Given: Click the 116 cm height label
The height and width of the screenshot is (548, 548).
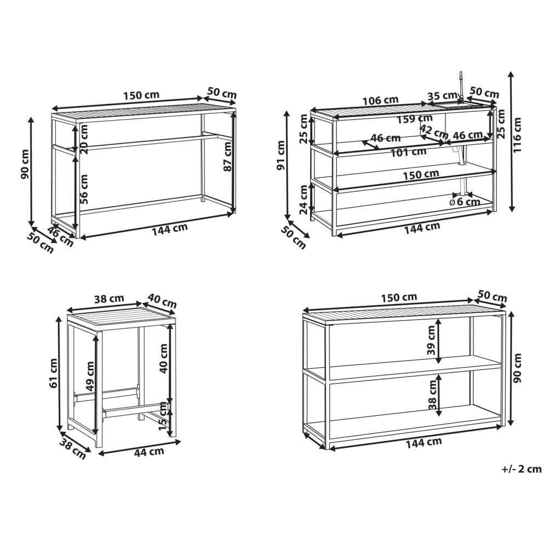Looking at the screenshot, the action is point(518,135).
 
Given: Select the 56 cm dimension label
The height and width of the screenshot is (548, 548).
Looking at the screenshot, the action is point(83,189).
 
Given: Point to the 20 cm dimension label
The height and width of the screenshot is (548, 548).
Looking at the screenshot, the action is point(84,139).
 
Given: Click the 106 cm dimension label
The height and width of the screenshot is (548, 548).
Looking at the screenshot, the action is point(380,101).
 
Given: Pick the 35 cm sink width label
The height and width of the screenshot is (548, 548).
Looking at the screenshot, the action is point(442,95).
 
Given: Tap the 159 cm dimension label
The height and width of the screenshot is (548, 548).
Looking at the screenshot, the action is point(415,119).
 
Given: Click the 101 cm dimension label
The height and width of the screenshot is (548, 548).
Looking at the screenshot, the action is point(409,152).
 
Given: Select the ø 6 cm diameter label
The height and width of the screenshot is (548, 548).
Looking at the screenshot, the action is point(465,202).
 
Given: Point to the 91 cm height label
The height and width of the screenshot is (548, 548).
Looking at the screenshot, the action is point(281,156).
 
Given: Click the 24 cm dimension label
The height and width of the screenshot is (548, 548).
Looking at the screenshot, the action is point(304,199).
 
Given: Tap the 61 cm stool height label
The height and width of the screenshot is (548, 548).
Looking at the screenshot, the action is point(53,373).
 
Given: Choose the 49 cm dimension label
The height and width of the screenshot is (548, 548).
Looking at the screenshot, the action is point(90,376).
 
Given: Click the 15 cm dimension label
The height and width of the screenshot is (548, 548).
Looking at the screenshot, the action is point(163,416).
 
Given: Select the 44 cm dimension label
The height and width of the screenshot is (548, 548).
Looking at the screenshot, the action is point(149,452).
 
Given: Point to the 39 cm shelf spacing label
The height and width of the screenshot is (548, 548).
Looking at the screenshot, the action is point(431,340).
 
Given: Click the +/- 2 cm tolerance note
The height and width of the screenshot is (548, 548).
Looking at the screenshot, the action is point(522,469).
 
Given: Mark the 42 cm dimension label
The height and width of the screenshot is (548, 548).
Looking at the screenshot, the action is point(433,132).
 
